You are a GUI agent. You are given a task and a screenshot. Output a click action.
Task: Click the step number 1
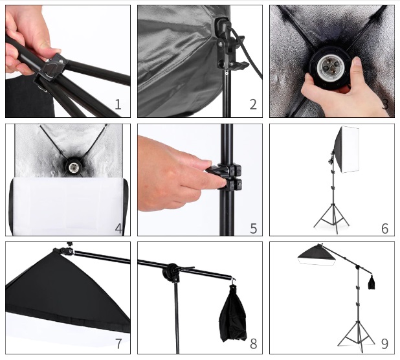tap(118, 104)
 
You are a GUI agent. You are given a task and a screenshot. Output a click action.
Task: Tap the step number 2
tap(253, 104)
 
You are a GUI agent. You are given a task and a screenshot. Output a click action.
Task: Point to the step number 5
tap(253, 229)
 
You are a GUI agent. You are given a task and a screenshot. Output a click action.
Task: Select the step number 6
tap(385, 229)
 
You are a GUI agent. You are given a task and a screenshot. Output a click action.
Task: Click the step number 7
tap(118, 343)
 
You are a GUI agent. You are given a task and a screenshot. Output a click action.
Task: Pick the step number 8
tap(253, 344)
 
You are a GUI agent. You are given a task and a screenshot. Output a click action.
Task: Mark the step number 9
tap(385, 343)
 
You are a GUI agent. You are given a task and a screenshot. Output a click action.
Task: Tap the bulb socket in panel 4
tap(71, 166)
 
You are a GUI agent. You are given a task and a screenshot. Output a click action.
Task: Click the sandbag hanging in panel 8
tap(233, 314)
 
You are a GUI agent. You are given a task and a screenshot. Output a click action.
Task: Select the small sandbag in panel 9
tap(371, 283)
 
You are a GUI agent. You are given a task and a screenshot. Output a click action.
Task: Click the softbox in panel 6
tap(347, 150)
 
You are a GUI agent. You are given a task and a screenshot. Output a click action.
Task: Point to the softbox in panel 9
tap(317, 256)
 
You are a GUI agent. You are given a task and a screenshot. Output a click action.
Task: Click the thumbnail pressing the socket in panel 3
tap(357, 62)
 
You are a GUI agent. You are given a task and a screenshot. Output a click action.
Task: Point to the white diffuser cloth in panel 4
tap(69, 205)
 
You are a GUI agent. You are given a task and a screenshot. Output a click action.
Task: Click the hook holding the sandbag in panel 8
tap(232, 281)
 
